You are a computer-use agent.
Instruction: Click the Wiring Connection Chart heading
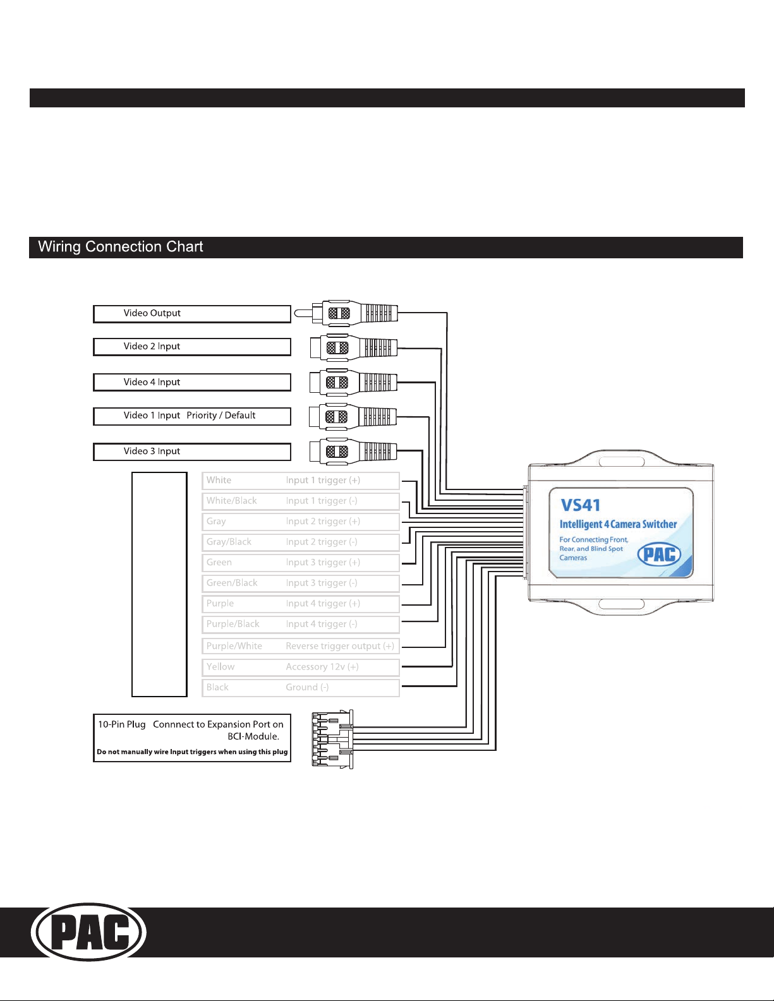pos(121,247)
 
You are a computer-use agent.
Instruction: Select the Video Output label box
pos(191,314)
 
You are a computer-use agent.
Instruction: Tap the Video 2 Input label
pos(191,347)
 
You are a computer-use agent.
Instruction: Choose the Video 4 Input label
pos(191,382)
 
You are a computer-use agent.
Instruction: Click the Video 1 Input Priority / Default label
pos(191,416)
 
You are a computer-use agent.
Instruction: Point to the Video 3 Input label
pos(191,452)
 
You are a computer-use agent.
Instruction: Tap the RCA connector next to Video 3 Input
pos(353,451)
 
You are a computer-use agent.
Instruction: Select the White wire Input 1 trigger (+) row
pos(300,481)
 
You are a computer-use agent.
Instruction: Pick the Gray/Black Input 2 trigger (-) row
pos(300,542)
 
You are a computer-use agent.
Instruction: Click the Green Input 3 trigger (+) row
pos(300,563)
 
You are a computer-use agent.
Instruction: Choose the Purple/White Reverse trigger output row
pos(300,646)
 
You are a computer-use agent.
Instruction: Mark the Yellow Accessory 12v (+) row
pos(300,667)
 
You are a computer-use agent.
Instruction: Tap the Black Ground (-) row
pos(300,687)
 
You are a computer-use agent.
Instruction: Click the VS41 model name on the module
pos(580,505)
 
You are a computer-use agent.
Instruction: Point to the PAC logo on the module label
pos(659,554)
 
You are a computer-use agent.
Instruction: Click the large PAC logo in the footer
pos(89,932)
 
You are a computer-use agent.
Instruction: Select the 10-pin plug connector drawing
pos(332,739)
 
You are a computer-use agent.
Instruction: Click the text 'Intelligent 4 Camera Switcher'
pos(618,524)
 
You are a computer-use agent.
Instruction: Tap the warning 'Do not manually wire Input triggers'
pos(192,752)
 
